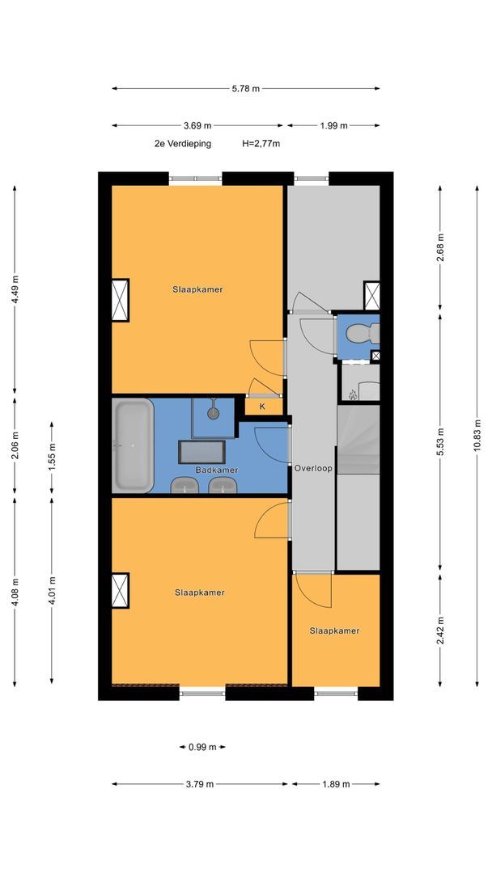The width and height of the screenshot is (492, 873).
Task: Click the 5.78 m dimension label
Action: (x=246, y=88)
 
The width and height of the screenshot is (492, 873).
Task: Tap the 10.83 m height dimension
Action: (x=477, y=436)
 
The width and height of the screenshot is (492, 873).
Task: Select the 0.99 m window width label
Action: (x=202, y=747)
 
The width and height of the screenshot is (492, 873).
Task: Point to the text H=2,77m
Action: (x=261, y=144)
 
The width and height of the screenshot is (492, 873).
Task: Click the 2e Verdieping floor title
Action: (x=183, y=144)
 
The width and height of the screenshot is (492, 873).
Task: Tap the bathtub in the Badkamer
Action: (x=133, y=445)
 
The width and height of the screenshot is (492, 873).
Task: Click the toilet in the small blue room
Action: (x=363, y=334)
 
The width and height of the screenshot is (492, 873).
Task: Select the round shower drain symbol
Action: (x=213, y=413)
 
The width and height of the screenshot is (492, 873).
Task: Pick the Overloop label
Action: (x=313, y=468)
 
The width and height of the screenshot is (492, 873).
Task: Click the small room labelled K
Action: (x=262, y=407)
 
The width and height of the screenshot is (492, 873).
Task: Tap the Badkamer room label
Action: (x=217, y=470)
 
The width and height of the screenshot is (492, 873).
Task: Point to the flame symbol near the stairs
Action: (x=351, y=394)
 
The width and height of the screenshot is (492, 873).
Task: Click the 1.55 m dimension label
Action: (x=52, y=458)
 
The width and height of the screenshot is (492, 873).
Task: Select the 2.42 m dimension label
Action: (x=440, y=630)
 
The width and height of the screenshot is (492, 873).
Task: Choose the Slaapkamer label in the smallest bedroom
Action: (x=334, y=630)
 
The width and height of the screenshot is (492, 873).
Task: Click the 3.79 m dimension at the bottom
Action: (x=200, y=784)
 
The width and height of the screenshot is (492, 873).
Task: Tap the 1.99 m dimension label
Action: (x=333, y=125)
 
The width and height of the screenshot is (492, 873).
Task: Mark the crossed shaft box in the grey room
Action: (x=371, y=296)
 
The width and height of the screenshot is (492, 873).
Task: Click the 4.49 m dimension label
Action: (x=15, y=289)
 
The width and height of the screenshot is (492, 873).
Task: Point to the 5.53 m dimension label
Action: (x=440, y=441)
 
